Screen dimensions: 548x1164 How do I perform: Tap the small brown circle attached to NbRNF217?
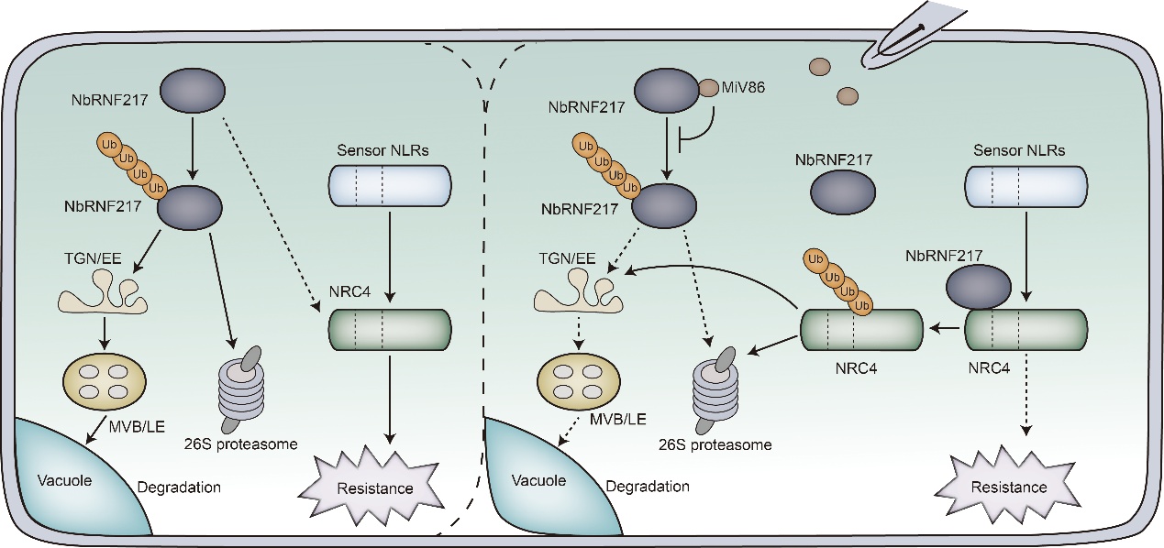[710, 89]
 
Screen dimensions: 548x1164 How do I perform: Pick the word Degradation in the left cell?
[180, 487]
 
